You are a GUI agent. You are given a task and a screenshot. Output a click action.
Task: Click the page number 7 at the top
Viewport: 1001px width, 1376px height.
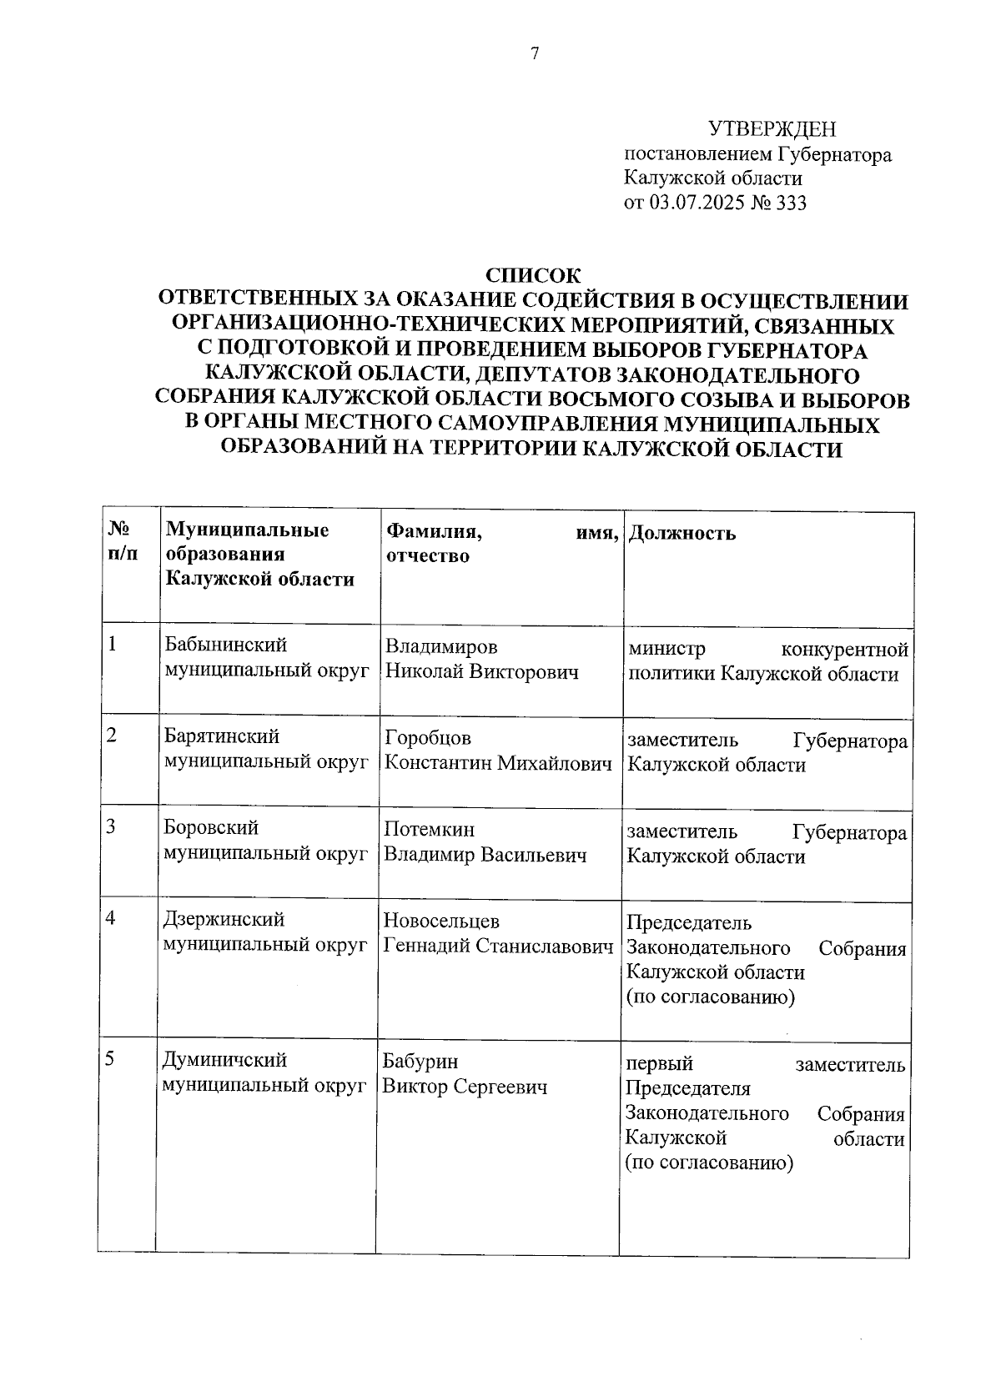(x=535, y=54)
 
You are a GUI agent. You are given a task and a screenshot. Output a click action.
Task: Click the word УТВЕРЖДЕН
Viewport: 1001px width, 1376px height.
(x=772, y=128)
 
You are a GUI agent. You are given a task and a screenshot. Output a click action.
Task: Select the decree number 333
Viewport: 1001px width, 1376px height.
(x=791, y=203)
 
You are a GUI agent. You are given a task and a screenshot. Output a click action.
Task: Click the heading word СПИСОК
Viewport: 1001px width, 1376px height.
(x=533, y=275)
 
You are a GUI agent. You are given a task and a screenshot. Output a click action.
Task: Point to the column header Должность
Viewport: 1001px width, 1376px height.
(x=681, y=533)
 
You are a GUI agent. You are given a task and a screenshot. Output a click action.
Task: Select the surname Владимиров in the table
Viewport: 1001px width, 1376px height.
(x=441, y=647)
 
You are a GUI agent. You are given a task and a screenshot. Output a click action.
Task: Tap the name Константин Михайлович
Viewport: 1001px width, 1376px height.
(x=498, y=763)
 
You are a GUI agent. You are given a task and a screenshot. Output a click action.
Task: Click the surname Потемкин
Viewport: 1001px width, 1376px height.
(x=429, y=830)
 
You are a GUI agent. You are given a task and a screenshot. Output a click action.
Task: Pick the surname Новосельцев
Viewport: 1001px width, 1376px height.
(x=441, y=921)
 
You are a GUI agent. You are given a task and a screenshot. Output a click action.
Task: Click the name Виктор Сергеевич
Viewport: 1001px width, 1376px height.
(x=465, y=1087)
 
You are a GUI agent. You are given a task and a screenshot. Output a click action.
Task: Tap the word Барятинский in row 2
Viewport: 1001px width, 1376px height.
(x=222, y=737)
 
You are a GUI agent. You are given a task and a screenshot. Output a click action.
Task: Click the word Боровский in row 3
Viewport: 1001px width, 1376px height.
(x=212, y=828)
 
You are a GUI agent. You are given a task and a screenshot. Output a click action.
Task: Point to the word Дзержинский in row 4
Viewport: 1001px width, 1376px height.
(x=224, y=919)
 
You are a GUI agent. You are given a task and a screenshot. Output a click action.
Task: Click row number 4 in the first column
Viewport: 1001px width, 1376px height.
(x=109, y=918)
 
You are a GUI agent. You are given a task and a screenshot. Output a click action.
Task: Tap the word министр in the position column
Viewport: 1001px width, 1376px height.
(x=667, y=649)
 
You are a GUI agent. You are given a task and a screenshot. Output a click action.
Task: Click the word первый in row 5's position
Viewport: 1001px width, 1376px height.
(x=659, y=1065)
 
